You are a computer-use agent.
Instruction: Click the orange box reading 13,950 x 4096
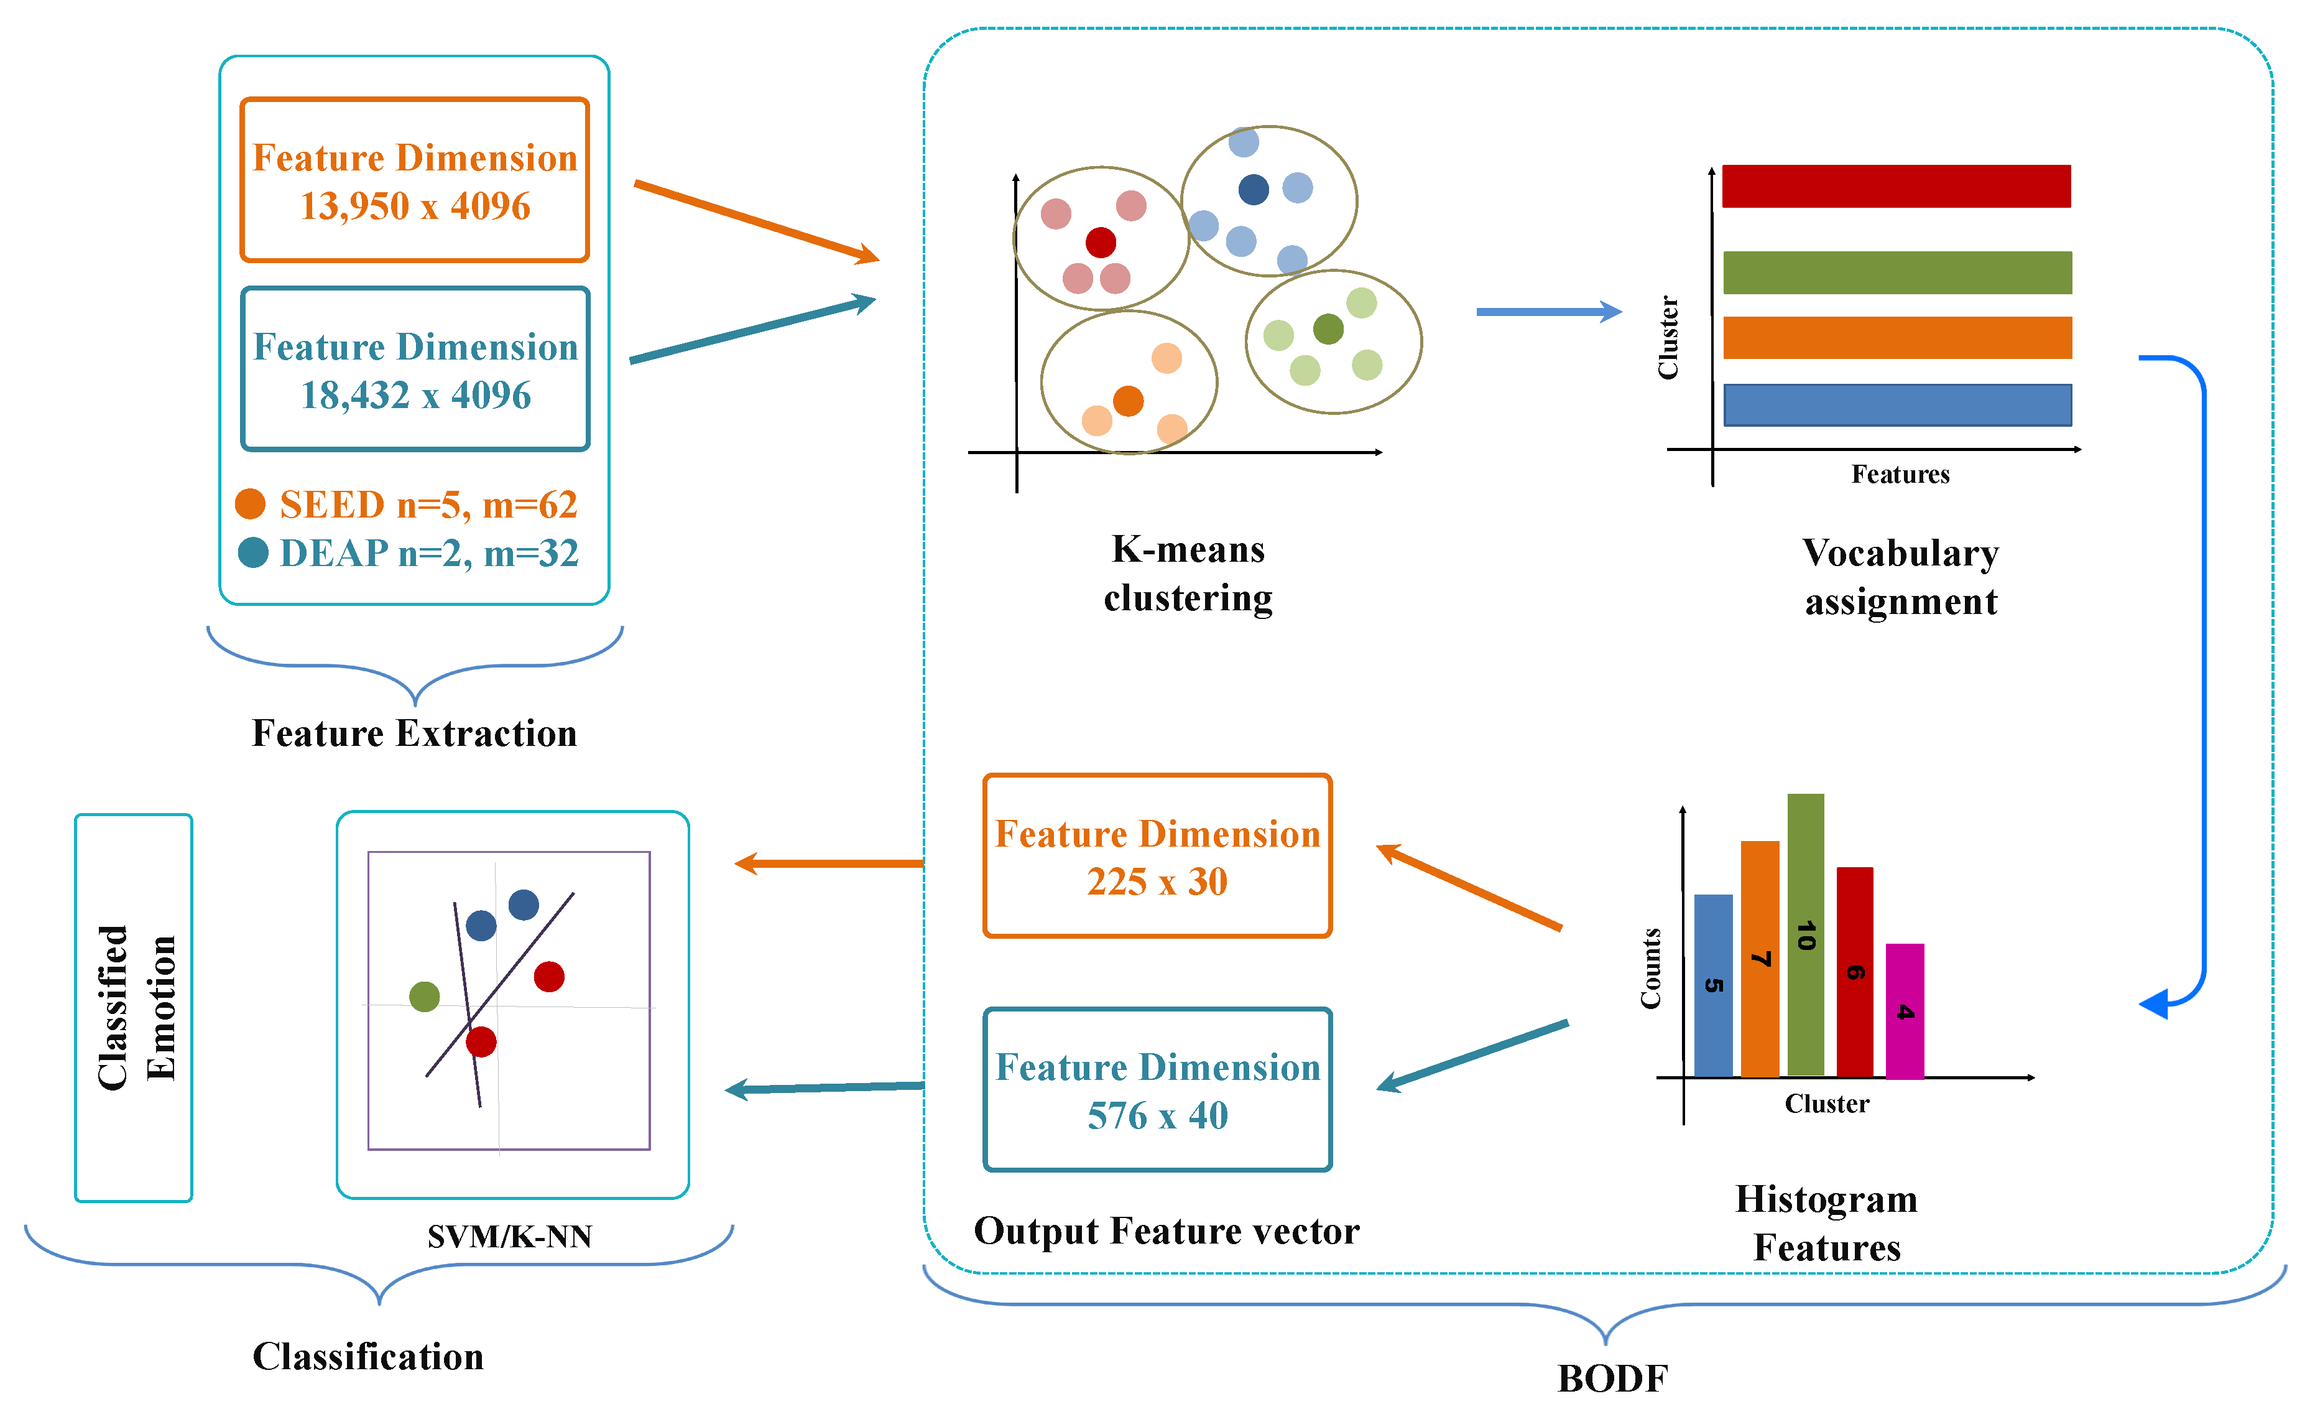(x=414, y=180)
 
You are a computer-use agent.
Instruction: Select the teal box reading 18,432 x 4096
(x=414, y=370)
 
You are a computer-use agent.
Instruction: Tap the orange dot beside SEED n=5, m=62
(x=251, y=503)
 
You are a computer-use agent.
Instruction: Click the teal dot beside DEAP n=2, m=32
(x=253, y=552)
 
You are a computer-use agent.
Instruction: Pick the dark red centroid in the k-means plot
(x=1101, y=242)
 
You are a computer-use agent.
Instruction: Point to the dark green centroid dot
(x=1328, y=329)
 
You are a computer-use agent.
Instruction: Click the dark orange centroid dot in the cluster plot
(x=1128, y=401)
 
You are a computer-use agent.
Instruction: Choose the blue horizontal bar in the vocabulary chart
(x=1897, y=405)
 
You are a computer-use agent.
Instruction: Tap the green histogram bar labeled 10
(x=1806, y=934)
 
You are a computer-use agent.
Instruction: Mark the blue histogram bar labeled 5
(x=1713, y=985)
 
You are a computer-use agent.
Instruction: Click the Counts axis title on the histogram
(x=1651, y=969)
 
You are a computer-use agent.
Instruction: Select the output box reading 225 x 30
(x=1157, y=856)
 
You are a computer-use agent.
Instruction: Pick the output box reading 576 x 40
(x=1157, y=1089)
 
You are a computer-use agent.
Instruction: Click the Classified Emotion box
(x=134, y=1007)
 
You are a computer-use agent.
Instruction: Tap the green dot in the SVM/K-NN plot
(x=425, y=996)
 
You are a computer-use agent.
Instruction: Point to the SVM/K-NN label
(x=509, y=1236)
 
